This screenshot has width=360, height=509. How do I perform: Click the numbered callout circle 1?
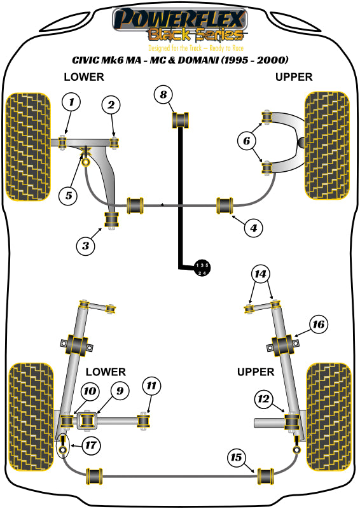pos(72,102)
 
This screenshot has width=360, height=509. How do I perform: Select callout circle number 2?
pos(111,105)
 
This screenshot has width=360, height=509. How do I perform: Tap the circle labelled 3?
pos(86,244)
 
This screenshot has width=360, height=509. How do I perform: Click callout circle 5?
pos(68,195)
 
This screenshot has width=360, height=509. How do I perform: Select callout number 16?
pos(319,325)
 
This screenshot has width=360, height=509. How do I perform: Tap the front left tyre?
pos(27,146)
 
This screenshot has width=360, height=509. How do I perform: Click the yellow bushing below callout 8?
pos(183,118)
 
